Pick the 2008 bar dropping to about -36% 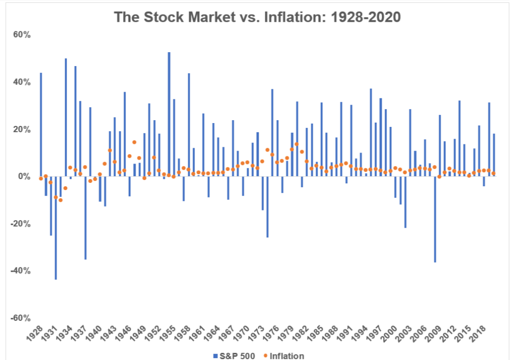[x=435, y=219]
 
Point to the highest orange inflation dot [x=134, y=142]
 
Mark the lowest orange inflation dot [x=60, y=200]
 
